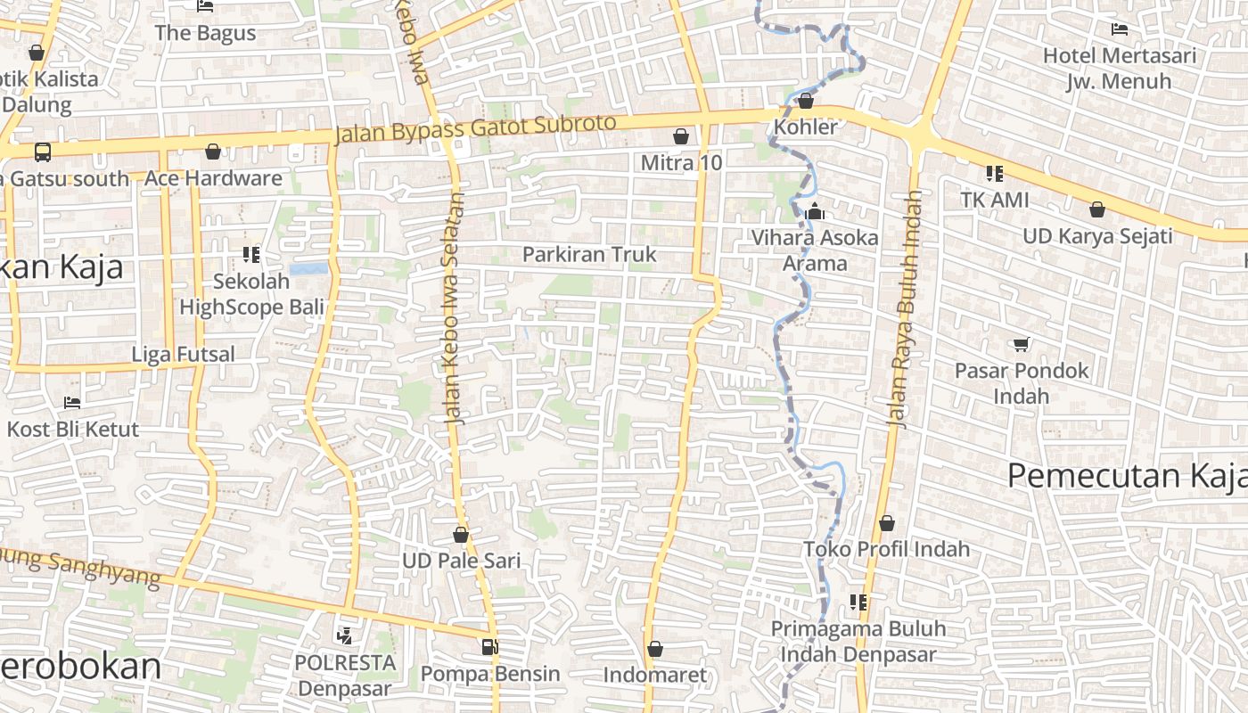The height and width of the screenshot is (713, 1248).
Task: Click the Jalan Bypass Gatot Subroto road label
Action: click(x=476, y=129)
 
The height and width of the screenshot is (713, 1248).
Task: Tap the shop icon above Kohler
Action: click(x=806, y=102)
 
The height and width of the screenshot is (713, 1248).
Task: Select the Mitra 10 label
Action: click(x=682, y=163)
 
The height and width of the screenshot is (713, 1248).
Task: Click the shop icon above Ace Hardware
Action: click(x=212, y=152)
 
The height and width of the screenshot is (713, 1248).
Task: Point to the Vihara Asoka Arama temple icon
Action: click(x=814, y=212)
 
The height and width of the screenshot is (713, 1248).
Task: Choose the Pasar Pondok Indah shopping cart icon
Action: click(x=1022, y=344)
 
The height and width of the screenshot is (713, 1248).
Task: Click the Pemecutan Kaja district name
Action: click(x=1127, y=476)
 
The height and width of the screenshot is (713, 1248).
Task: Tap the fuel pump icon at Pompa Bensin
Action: click(x=489, y=647)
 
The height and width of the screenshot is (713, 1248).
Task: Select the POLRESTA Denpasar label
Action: click(x=345, y=676)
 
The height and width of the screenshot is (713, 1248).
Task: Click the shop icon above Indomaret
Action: click(x=655, y=650)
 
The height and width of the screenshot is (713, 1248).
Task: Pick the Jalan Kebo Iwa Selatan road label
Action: click(x=454, y=307)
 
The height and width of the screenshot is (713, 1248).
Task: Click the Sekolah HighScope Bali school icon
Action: click(x=251, y=256)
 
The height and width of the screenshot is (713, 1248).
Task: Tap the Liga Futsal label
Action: click(x=184, y=354)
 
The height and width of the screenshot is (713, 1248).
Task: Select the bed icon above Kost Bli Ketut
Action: click(x=72, y=403)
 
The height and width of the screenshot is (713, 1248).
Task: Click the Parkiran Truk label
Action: click(x=589, y=254)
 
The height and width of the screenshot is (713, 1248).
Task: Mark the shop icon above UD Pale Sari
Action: click(x=461, y=536)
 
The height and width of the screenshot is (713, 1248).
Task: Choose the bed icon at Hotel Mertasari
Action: click(x=1120, y=29)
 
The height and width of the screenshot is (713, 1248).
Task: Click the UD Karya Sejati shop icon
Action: click(x=1097, y=210)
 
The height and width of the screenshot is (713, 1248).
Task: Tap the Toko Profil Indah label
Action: click(x=887, y=548)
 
